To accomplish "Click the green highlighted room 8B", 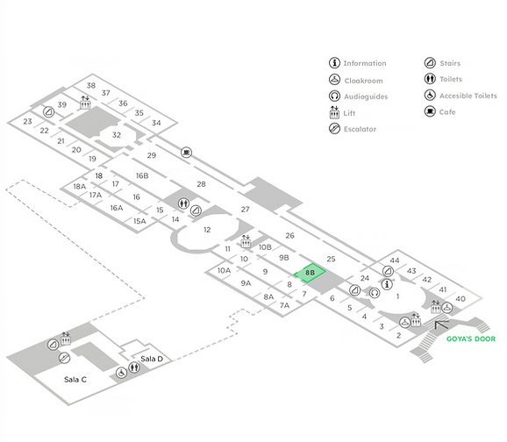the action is (x=310, y=273).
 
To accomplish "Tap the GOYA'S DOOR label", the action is (x=471, y=339).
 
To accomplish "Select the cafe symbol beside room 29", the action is (x=186, y=152).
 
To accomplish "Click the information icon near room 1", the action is (x=387, y=284).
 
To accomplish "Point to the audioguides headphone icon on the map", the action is (x=375, y=293).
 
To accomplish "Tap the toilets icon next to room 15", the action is (x=183, y=203).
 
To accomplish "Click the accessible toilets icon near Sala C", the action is (x=121, y=373).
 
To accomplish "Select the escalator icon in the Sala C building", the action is (x=64, y=358).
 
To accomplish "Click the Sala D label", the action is (x=152, y=359).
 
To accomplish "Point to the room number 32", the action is (x=117, y=135).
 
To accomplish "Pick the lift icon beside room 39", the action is (x=85, y=103).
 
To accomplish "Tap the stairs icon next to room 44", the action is (x=388, y=271).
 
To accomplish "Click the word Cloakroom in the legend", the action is (x=363, y=81).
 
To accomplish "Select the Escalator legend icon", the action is (x=334, y=129).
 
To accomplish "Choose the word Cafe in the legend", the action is (x=447, y=112).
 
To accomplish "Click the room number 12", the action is (x=207, y=230).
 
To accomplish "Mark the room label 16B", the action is (x=142, y=175).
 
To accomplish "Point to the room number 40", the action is (x=461, y=299).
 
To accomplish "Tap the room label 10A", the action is (x=224, y=270).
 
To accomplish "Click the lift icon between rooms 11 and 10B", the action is (x=246, y=241).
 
